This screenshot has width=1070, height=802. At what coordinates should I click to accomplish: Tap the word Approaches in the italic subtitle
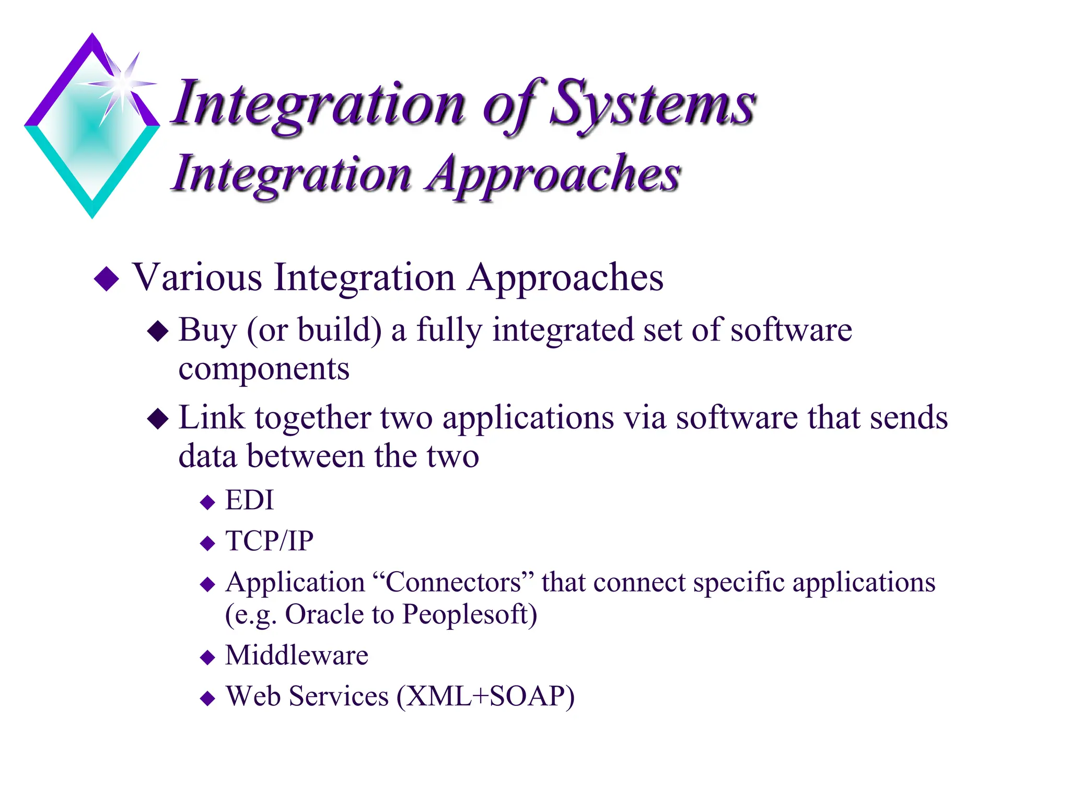(554, 175)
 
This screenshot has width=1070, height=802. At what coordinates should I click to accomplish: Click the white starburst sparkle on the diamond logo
(122, 84)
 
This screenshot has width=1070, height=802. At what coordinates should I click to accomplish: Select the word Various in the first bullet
(197, 277)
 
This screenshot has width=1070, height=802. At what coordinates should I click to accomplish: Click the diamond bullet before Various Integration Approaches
(107, 278)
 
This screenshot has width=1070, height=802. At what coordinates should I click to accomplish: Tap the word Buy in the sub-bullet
(207, 331)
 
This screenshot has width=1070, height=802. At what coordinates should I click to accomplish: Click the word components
(264, 369)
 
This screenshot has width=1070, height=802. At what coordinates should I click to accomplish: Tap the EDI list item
(249, 500)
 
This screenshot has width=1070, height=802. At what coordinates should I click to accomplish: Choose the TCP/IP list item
(269, 541)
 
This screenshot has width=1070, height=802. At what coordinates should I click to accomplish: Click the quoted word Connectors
(453, 582)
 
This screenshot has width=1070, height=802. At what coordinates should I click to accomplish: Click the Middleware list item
(296, 655)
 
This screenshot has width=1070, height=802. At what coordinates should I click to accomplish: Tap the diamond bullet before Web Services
(208, 698)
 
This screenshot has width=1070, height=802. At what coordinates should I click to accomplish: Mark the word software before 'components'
(791, 331)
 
